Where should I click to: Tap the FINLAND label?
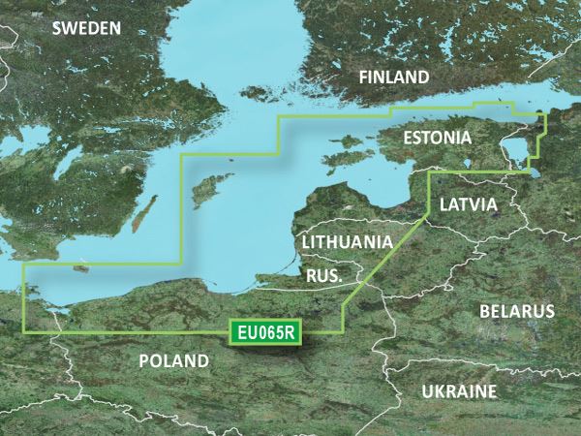click(x=393, y=78)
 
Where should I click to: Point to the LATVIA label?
click(x=468, y=205)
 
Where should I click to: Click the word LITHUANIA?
click(x=347, y=241)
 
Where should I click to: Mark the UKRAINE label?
click(x=459, y=391)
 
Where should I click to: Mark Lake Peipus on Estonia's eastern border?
click(x=520, y=145)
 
